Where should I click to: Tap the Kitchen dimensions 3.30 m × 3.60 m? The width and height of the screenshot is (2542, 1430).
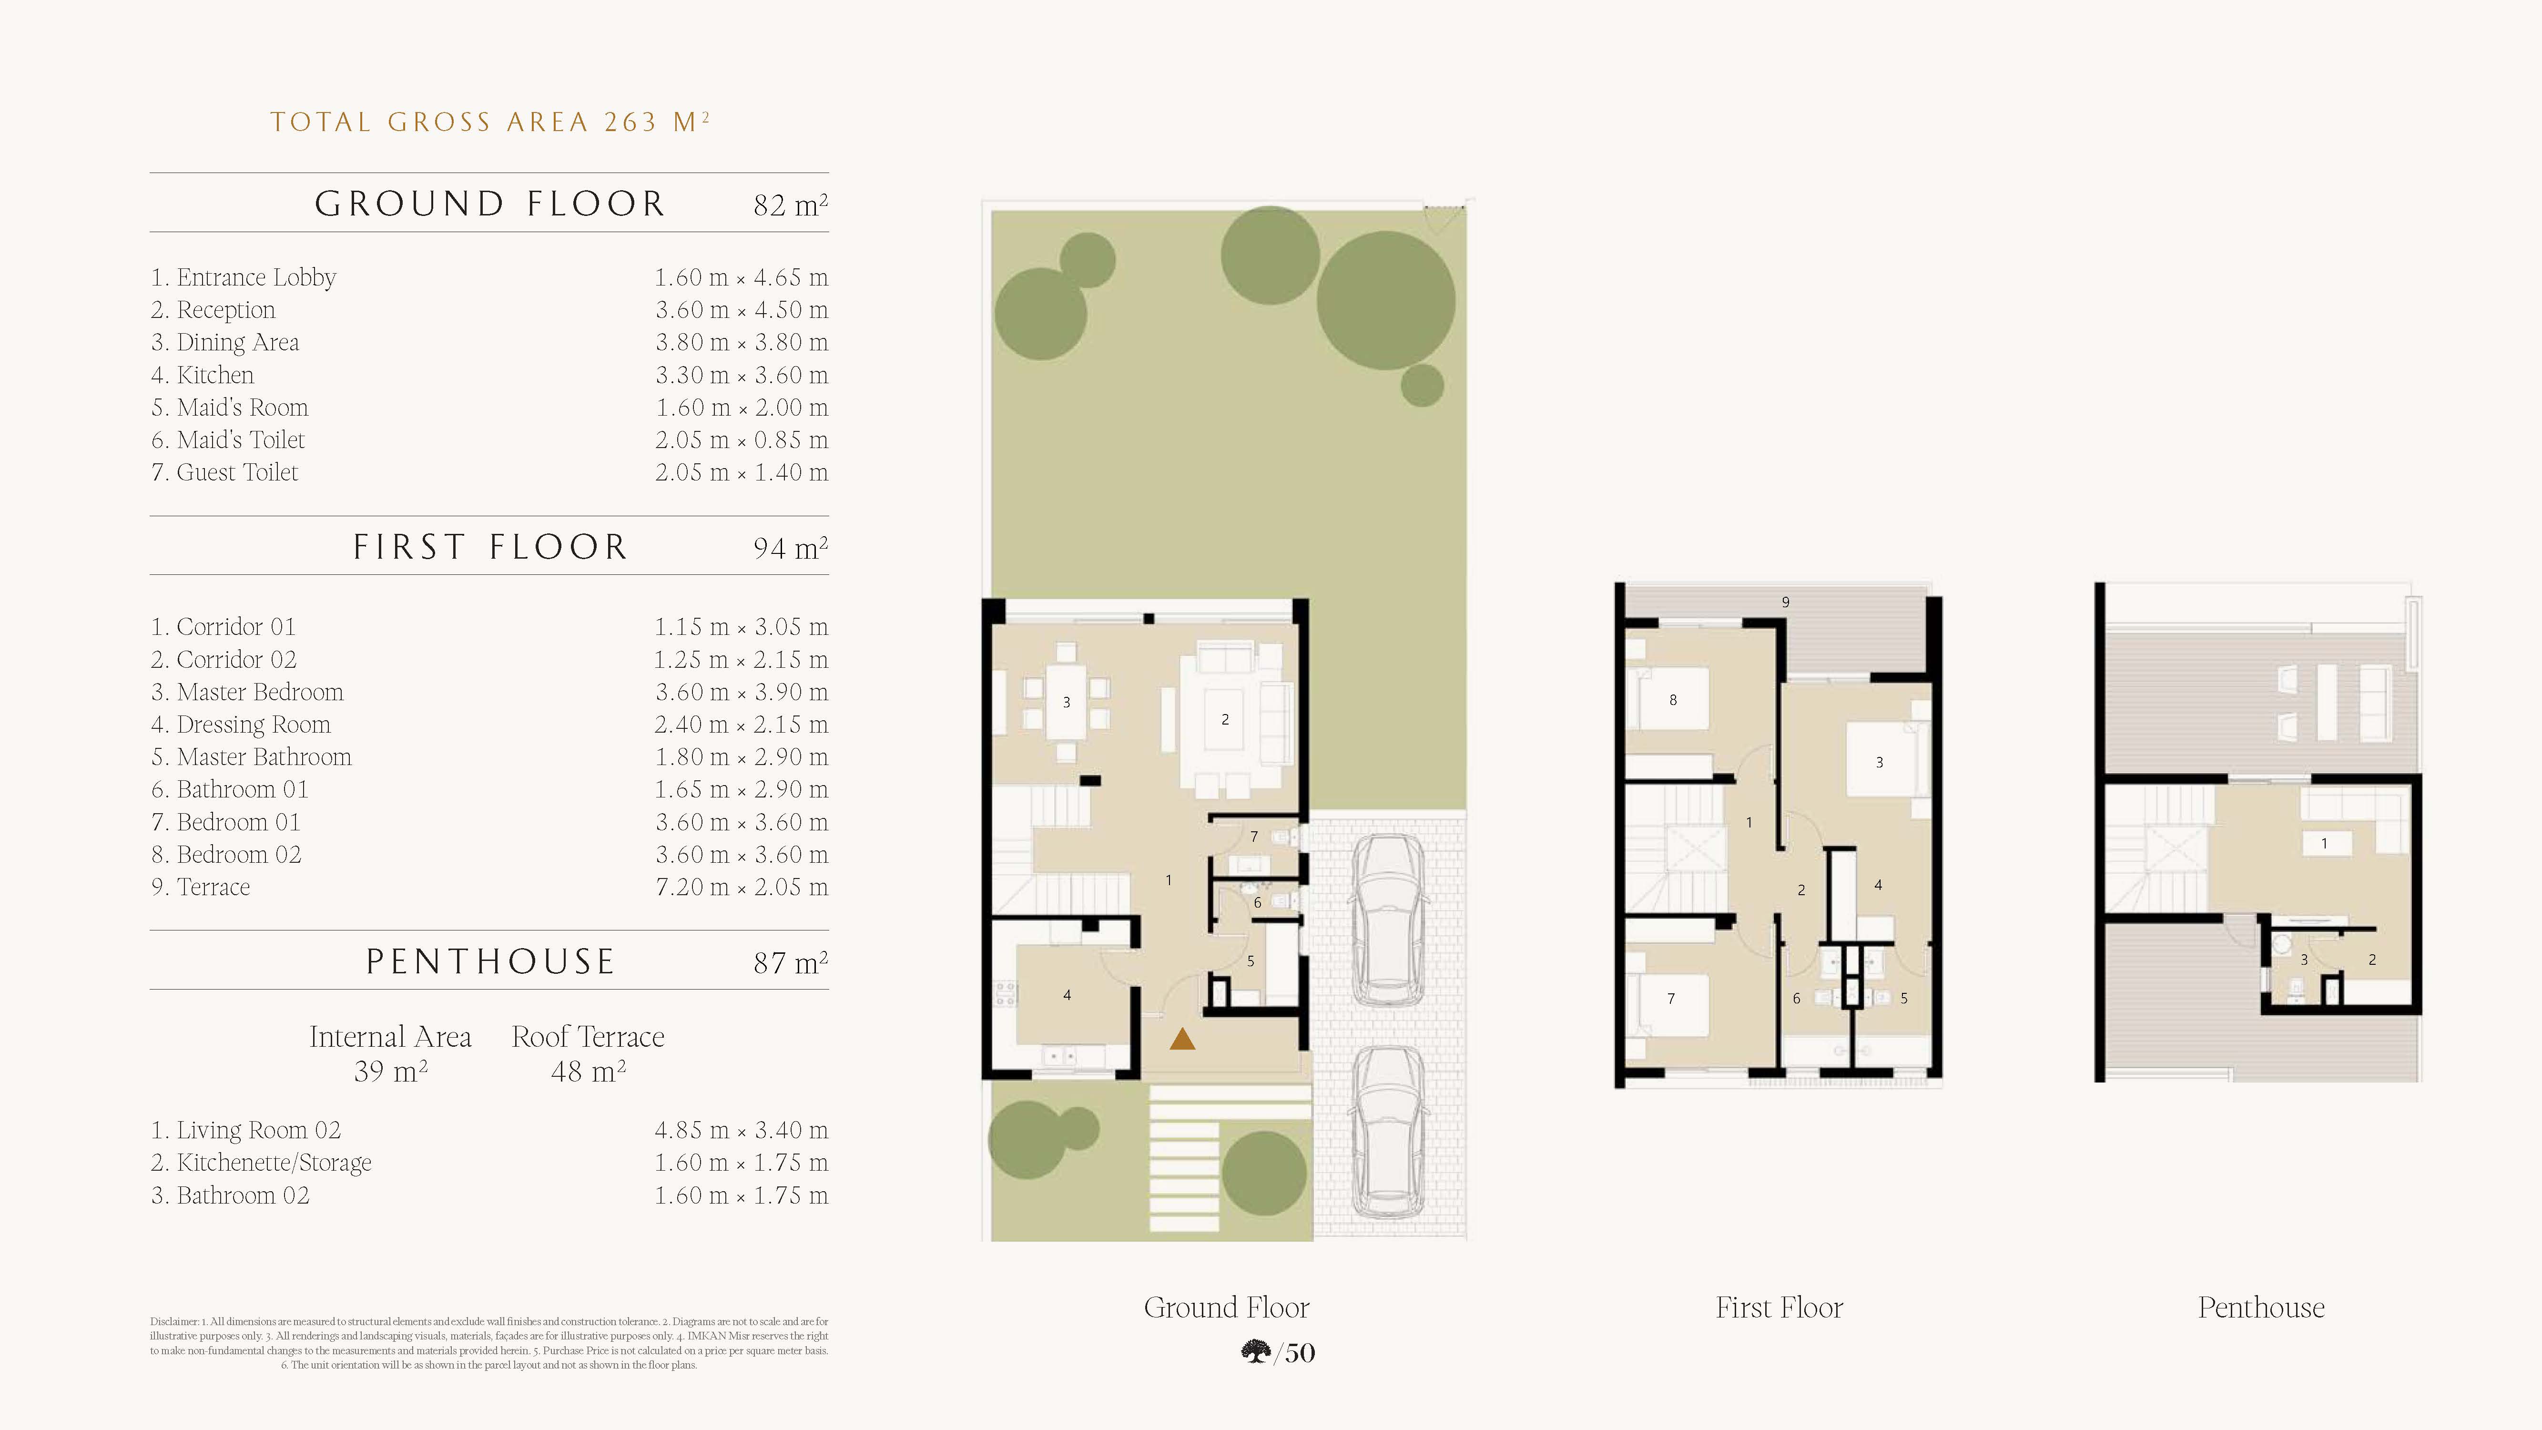coord(741,375)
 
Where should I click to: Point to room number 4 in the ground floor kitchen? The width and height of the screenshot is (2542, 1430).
coord(1067,995)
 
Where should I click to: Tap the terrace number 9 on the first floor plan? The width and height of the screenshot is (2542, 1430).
coord(1785,602)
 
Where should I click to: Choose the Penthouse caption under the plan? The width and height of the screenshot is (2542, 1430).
coord(2261,1307)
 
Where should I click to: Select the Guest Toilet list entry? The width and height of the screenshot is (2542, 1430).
coord(224,473)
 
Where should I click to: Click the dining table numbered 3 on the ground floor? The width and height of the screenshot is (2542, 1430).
coord(1066,702)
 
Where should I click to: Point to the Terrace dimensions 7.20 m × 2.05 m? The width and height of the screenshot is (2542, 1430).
coord(741,887)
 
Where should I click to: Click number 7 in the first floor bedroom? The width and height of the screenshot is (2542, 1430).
coord(1671,999)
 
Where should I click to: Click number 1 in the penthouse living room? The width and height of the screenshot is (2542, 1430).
coord(2324,844)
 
